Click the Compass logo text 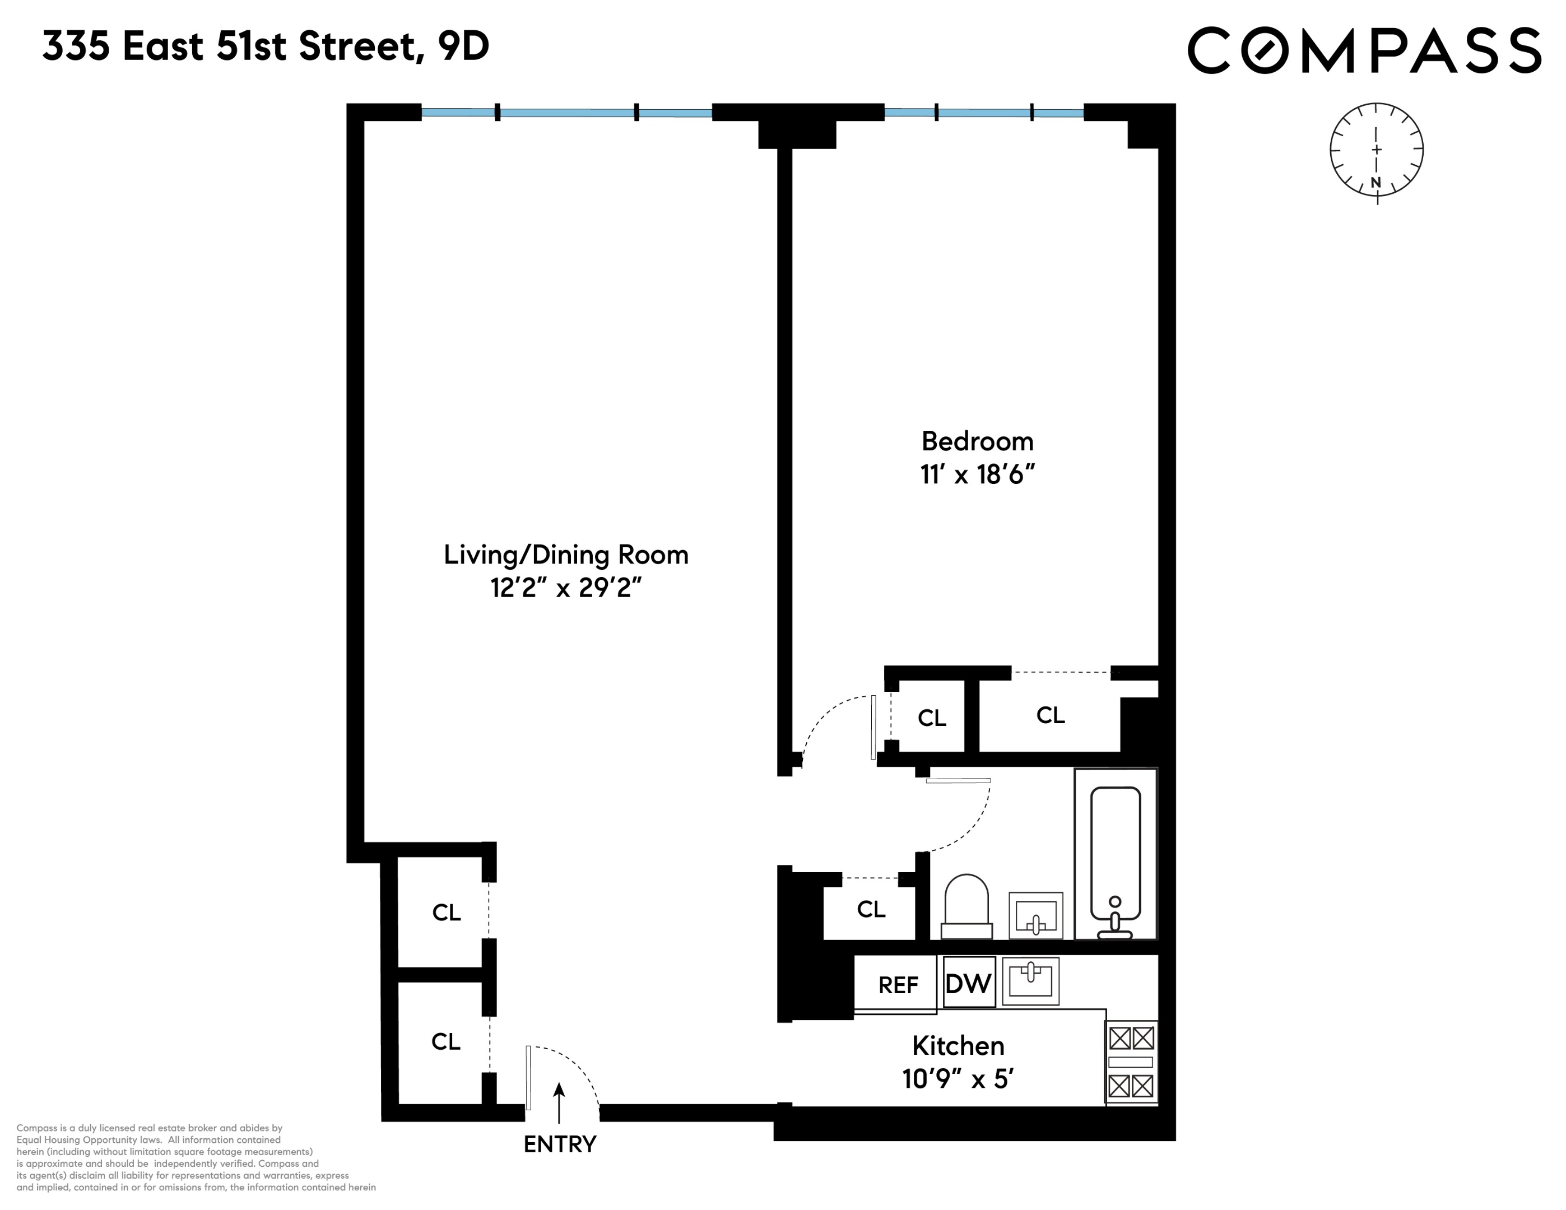click(x=1364, y=50)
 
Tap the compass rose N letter click(x=1376, y=182)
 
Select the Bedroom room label click(x=977, y=441)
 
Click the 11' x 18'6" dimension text click(x=977, y=474)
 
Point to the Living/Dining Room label click(x=566, y=555)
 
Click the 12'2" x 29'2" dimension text click(x=566, y=588)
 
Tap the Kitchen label click(x=958, y=1046)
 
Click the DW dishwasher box click(x=969, y=983)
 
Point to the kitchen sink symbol click(x=1030, y=981)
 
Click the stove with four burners click(x=1131, y=1062)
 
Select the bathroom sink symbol click(x=1035, y=915)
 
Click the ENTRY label click(x=559, y=1144)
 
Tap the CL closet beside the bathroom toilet click(x=871, y=910)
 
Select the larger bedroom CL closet click(x=1051, y=715)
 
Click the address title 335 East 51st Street click(x=266, y=47)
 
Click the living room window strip click(x=566, y=113)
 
